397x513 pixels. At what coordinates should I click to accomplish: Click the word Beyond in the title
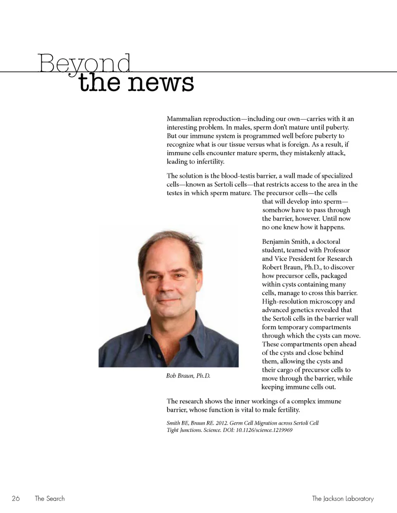tap(84, 64)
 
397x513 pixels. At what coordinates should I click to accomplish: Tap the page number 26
tap(16, 499)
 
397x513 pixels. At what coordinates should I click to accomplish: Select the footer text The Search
tap(50, 499)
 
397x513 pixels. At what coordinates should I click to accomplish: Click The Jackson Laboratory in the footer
tap(342, 499)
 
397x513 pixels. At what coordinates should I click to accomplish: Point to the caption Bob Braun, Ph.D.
tap(188, 376)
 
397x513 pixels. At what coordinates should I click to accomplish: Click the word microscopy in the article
tap(325, 302)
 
